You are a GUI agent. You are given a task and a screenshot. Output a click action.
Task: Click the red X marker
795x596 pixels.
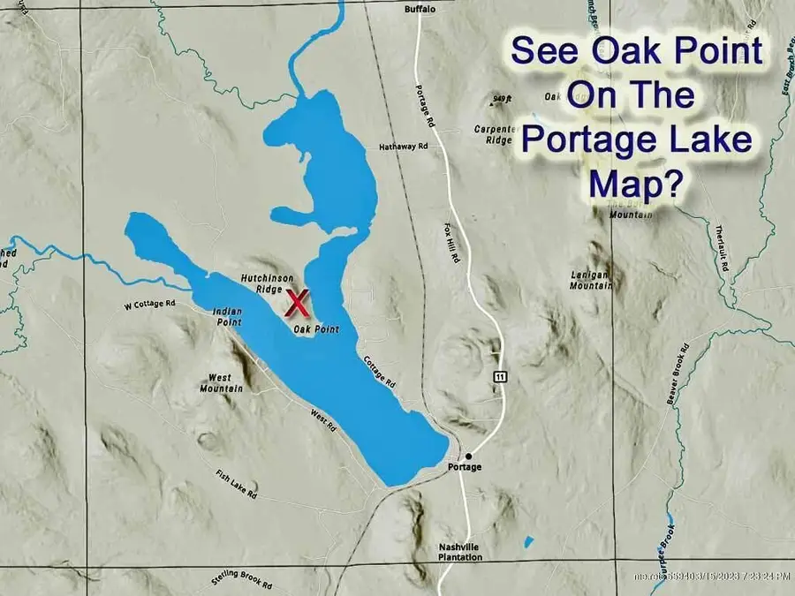[299, 303]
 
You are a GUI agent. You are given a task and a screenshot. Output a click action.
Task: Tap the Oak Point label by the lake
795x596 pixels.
[316, 329]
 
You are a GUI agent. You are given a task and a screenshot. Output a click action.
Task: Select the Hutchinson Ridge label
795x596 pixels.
[261, 283]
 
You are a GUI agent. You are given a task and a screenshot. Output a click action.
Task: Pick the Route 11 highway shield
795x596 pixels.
[501, 377]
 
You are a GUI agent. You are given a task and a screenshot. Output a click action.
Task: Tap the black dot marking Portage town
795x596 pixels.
[469, 456]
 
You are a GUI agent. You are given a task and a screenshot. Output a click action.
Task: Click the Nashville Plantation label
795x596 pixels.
[460, 552]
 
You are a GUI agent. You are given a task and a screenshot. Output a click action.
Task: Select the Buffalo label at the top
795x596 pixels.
[420, 9]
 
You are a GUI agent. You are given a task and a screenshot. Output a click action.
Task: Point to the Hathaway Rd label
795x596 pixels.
[404, 146]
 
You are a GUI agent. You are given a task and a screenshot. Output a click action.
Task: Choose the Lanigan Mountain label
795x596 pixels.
[590, 280]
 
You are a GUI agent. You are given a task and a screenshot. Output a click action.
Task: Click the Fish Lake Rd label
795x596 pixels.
[236, 482]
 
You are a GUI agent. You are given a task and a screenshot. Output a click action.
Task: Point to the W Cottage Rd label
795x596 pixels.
[150, 304]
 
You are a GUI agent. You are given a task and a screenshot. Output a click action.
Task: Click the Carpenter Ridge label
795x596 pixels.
[493, 134]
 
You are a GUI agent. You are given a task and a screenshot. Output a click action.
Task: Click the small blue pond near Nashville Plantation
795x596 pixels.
[528, 540]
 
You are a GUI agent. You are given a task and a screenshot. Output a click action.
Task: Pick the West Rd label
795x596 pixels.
[323, 420]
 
